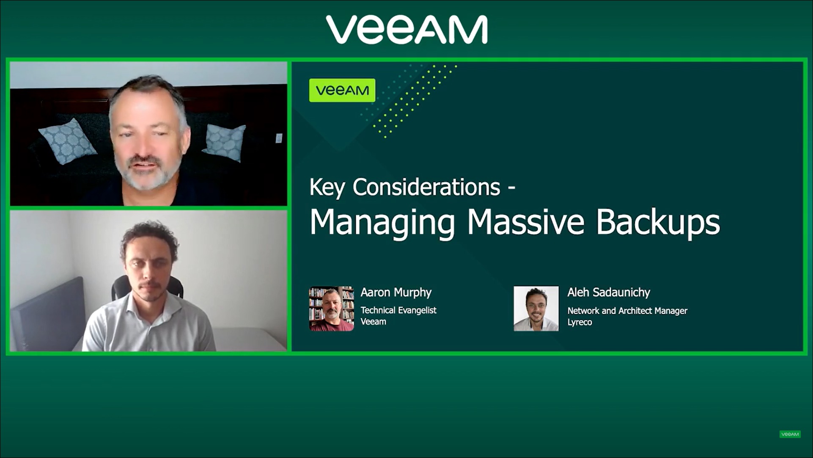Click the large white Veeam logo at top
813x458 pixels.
[406, 29]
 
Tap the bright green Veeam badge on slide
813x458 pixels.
[342, 90]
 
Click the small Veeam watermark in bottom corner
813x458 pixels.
[790, 434]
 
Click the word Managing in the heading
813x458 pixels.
[382, 222]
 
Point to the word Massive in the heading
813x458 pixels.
[526, 222]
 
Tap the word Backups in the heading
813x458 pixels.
[658, 222]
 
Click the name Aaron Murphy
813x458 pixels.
[396, 292]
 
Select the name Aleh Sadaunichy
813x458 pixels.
[608, 292]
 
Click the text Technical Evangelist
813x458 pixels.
[398, 310]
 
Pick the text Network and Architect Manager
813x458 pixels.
[627, 311]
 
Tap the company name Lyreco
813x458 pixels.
[580, 322]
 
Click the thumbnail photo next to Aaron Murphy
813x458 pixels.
[331, 308]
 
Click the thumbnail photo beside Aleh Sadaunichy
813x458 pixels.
[536, 308]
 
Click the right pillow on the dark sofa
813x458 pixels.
[225, 142]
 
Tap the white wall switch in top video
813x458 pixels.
[279, 138]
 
